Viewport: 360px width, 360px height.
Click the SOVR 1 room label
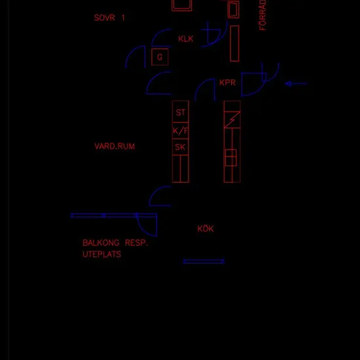click(x=109, y=18)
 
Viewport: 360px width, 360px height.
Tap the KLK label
click(x=185, y=39)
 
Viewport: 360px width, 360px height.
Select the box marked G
click(x=160, y=57)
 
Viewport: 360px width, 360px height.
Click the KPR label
click(x=228, y=82)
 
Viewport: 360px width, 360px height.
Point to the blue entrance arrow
click(x=296, y=84)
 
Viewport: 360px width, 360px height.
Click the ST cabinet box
click(x=181, y=112)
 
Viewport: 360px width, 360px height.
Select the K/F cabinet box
click(x=181, y=131)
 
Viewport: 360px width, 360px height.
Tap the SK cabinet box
click(x=181, y=147)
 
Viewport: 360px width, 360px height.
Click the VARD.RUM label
click(x=115, y=146)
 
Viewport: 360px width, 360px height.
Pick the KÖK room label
click(x=206, y=228)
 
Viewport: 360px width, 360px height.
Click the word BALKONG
click(x=101, y=243)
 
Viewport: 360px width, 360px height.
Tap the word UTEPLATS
click(x=101, y=254)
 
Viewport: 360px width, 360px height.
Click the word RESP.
click(x=136, y=243)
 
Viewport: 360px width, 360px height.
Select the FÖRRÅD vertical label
click(x=262, y=15)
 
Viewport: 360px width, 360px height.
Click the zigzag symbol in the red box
click(x=232, y=119)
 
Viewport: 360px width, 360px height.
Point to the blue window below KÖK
click(x=204, y=261)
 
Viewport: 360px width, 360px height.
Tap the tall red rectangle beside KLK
click(x=234, y=44)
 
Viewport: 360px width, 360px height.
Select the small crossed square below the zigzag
click(x=231, y=158)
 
